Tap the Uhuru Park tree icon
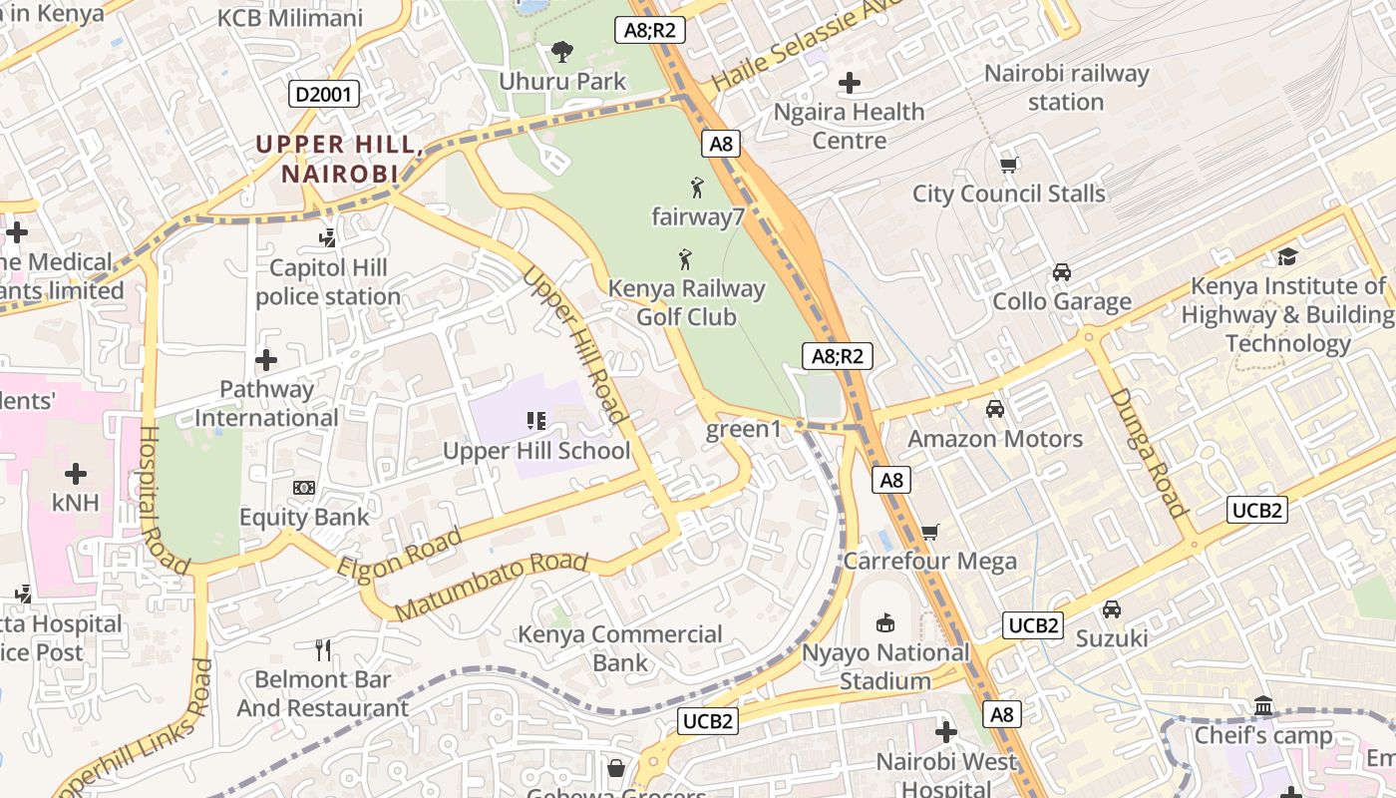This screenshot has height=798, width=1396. point(562,51)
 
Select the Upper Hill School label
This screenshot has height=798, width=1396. point(536,451)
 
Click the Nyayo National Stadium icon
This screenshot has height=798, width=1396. point(884,623)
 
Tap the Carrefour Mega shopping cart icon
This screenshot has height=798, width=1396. point(930,532)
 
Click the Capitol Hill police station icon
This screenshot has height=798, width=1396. point(327,237)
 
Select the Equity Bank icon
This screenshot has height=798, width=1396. point(304,488)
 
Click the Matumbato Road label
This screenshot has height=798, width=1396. point(492,586)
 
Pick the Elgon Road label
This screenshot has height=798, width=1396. point(400,555)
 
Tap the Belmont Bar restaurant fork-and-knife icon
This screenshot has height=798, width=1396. point(322,650)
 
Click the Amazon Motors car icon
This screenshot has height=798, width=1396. point(994,408)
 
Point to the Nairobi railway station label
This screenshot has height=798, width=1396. point(1066,88)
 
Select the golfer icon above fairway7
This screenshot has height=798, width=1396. point(697,187)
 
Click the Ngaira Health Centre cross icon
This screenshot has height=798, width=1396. point(850,82)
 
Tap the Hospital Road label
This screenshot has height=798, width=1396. point(164,500)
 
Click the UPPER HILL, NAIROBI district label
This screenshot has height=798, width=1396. point(340,159)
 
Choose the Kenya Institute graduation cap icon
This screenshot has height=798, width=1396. point(1287,256)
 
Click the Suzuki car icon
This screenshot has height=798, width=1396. point(1112,608)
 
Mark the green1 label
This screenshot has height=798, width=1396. point(744,430)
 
